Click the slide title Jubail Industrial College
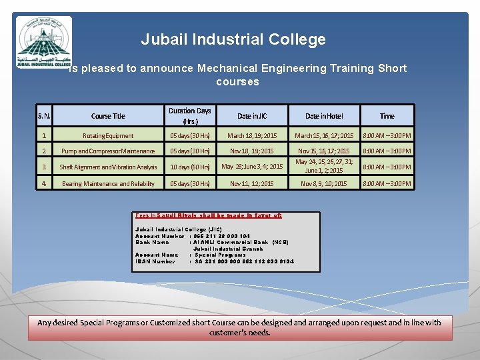(233, 39)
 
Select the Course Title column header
(108, 116)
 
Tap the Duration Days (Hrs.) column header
(189, 116)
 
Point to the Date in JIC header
(252, 116)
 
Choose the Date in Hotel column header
(324, 116)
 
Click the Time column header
(387, 116)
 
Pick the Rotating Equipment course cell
(108, 136)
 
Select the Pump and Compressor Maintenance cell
(108, 151)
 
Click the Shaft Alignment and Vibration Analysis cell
(108, 167)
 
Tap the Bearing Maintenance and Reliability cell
(108, 184)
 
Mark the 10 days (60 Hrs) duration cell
(189, 167)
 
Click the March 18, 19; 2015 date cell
(252, 136)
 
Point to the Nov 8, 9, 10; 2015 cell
(324, 184)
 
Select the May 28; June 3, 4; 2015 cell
(252, 167)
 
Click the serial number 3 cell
(44, 167)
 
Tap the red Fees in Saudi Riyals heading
(209, 215)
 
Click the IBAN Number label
(155, 261)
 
